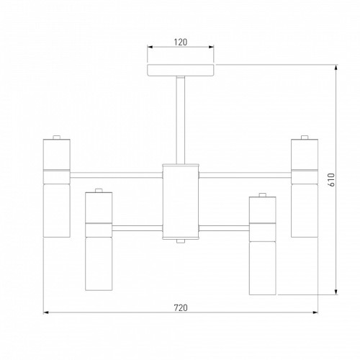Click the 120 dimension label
(x=181, y=42)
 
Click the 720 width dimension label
(x=181, y=307)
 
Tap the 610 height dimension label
(x=331, y=180)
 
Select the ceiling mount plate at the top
(x=181, y=70)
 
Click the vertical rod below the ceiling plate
(x=181, y=120)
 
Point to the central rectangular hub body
(x=181, y=202)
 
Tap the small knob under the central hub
(x=181, y=241)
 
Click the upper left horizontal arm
(x=116, y=175)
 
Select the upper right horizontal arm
(x=245, y=175)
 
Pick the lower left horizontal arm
(x=138, y=228)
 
